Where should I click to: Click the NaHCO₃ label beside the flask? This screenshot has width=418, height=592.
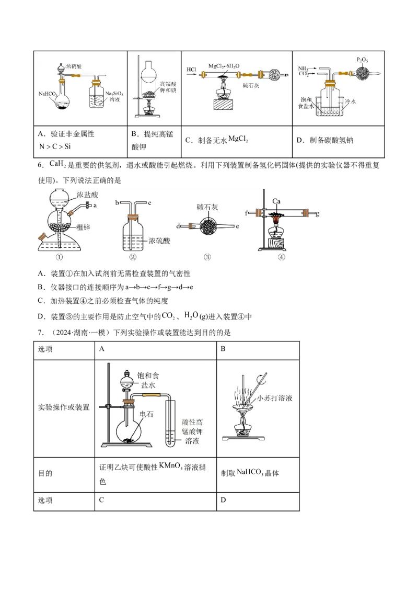[x=48, y=94]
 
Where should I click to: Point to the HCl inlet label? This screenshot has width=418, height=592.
[x=191, y=69]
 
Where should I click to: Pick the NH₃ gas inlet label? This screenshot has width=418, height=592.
[x=304, y=69]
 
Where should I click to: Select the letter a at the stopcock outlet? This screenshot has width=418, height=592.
[x=96, y=206]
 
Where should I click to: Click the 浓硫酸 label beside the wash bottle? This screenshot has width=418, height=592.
[x=161, y=241]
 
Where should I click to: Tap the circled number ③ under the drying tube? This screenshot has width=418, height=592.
[x=207, y=257]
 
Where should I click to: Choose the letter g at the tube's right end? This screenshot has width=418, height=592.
[x=318, y=213]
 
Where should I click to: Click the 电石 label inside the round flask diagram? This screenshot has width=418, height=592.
[x=145, y=413]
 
